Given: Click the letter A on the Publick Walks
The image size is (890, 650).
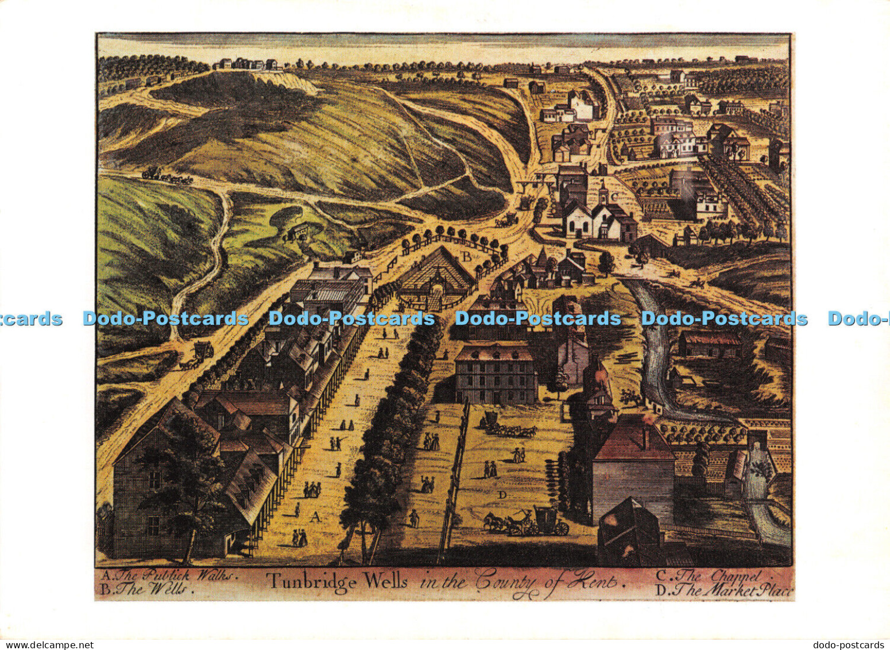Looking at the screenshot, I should click(x=315, y=517).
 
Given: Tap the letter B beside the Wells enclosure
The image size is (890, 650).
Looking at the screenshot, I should click(x=467, y=257).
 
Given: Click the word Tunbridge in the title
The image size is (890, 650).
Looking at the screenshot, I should click(x=311, y=580).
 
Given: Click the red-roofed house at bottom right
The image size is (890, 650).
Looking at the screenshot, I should click(x=632, y=466).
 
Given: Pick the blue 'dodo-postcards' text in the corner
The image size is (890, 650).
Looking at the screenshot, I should click(x=848, y=645).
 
